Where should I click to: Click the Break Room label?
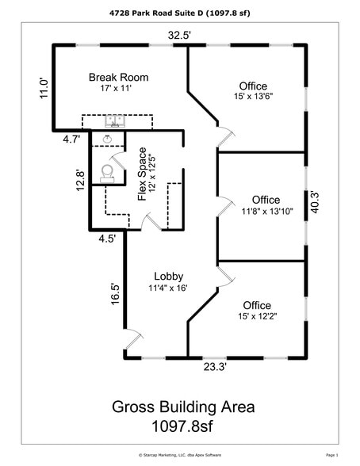(119, 77)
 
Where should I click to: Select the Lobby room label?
(168, 276)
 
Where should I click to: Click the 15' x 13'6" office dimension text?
(253, 97)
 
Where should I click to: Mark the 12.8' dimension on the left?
(79, 182)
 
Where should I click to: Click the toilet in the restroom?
(108, 172)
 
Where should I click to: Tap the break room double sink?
(115, 123)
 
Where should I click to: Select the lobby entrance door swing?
(136, 339)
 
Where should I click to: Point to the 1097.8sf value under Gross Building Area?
(182, 426)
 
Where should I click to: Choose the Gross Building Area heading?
(182, 407)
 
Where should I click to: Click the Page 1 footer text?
(331, 456)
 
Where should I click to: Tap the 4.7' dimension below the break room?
(72, 139)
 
